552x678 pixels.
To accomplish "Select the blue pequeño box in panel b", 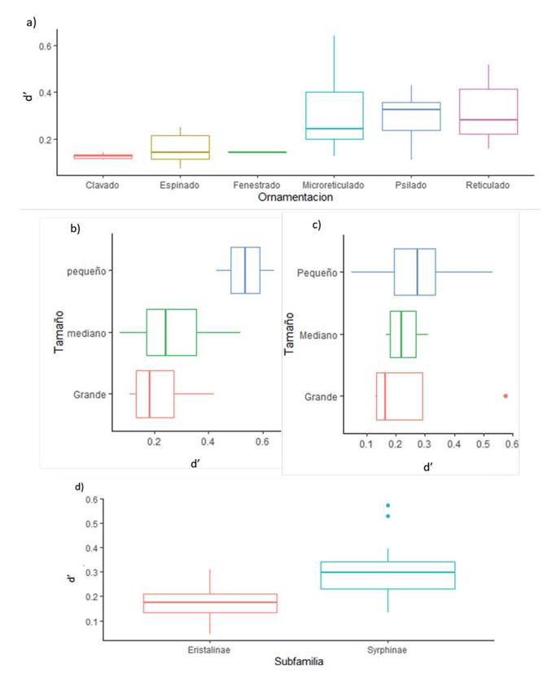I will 245,270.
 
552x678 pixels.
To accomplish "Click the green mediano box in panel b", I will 171,332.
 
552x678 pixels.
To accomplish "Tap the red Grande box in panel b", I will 155,394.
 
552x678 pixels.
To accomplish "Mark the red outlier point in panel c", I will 506,396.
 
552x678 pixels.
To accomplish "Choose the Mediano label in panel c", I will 319,335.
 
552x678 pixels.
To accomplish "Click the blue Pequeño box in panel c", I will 414,272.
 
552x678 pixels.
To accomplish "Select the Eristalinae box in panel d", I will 210,603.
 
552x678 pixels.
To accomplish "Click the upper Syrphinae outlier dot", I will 388,505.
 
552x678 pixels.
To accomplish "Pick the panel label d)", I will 79,487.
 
